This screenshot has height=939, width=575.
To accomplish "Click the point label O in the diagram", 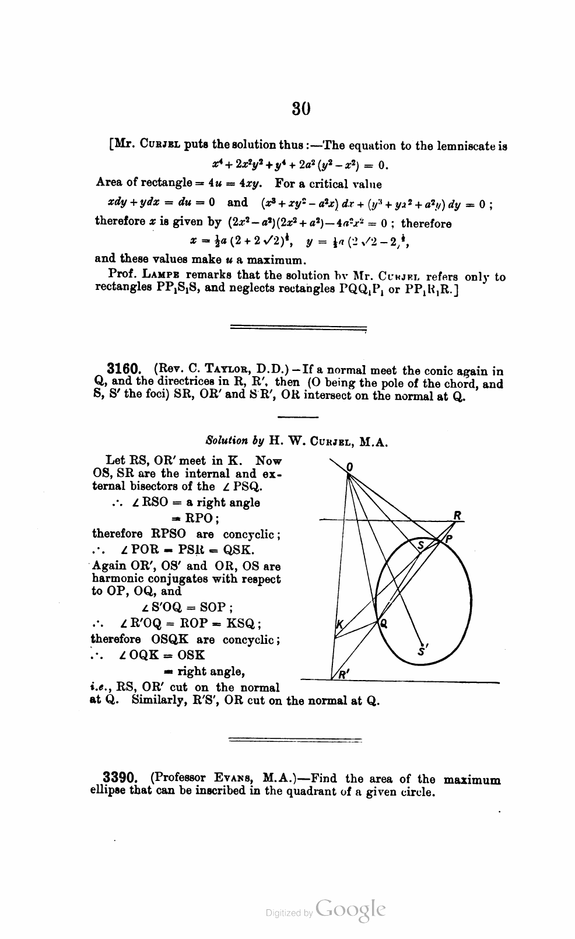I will [350, 467].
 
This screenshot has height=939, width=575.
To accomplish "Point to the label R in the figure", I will [458, 514].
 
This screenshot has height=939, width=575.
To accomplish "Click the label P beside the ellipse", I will [448, 539].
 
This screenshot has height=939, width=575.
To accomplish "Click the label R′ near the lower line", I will [343, 675].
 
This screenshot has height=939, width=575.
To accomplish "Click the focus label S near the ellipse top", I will [420, 545].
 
